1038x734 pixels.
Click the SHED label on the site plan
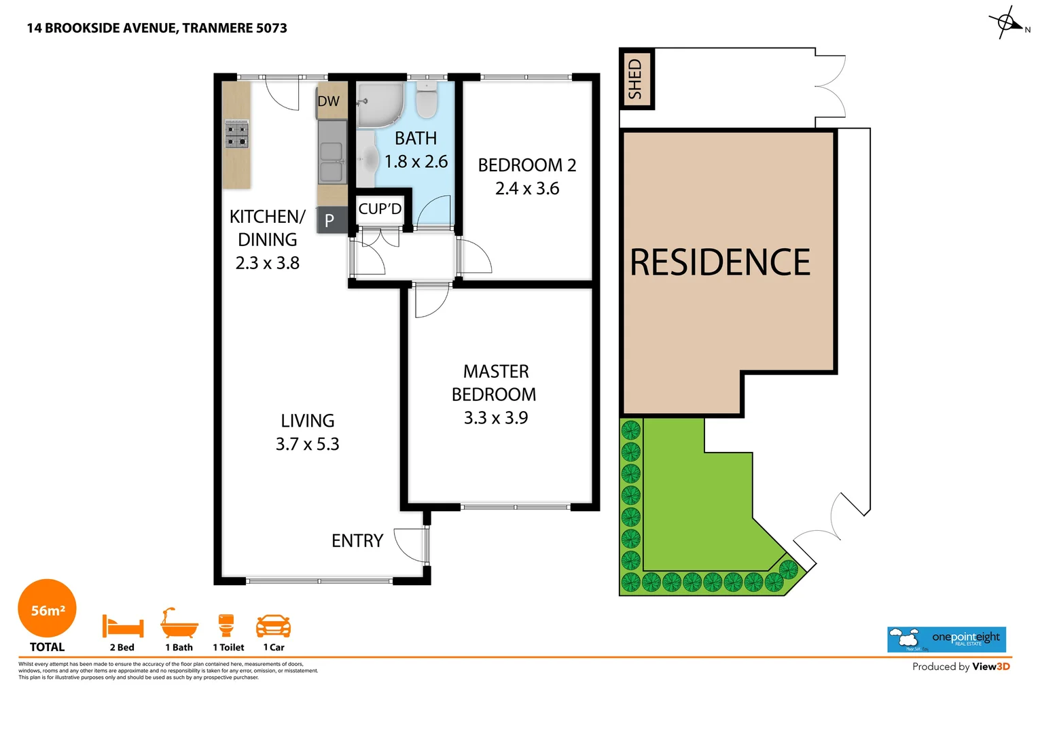click(635, 79)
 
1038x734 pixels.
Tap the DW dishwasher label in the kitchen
click(328, 101)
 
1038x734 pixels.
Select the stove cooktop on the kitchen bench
click(237, 134)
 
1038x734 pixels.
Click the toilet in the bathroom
click(427, 102)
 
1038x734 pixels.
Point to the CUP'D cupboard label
click(380, 209)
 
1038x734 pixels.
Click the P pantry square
click(330, 220)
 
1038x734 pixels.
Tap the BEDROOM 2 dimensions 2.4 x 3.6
click(527, 188)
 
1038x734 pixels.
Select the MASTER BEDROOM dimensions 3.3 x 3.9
click(496, 418)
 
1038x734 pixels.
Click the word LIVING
click(308, 421)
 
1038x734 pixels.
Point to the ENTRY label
click(357, 541)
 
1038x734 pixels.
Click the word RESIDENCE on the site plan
click(720, 262)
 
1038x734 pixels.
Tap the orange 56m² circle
click(48, 609)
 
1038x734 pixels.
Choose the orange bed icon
click(122, 625)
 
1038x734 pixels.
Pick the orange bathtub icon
click(179, 623)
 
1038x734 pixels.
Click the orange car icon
click(273, 625)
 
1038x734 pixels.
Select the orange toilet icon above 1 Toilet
click(226, 625)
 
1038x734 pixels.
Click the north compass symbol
click(1006, 22)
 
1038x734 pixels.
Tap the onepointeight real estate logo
click(946, 640)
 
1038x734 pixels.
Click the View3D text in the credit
click(991, 667)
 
